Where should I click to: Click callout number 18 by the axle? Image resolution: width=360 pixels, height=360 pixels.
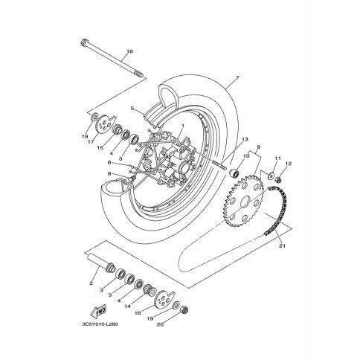coord(129,51)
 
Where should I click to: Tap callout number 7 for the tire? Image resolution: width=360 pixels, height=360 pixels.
coord(237,78)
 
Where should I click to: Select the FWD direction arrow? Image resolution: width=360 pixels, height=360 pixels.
coord(98,311)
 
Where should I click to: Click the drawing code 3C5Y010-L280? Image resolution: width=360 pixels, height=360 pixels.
coord(100,324)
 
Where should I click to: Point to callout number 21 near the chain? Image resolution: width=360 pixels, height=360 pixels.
coord(283,246)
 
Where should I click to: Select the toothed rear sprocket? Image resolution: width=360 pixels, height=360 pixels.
coord(243,201)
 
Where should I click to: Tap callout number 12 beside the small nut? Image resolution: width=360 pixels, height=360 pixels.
coord(288,164)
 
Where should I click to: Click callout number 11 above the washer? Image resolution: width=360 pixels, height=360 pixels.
coord(277,158)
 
